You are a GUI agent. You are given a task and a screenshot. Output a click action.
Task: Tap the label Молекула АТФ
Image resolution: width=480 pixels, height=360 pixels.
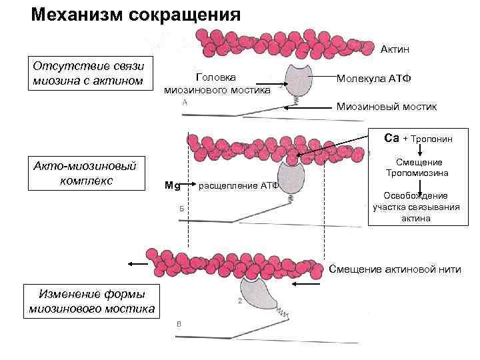point(374,78)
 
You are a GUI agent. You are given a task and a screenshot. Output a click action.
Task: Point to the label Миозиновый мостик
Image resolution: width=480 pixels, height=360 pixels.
point(387,107)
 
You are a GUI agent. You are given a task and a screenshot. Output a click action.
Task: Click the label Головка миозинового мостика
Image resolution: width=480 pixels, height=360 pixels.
point(217,83)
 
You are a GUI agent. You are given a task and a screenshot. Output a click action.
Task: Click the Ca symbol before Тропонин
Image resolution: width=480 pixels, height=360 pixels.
point(391,138)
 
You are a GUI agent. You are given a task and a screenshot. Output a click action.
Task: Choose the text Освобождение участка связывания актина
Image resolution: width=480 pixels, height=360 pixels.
point(415,207)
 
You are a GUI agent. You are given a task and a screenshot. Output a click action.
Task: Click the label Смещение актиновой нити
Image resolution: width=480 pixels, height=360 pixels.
point(395,269)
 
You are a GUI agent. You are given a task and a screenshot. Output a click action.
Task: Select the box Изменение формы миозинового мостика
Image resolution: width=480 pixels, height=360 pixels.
point(92,301)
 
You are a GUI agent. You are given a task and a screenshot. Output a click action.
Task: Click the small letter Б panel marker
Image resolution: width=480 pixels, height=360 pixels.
point(181,209)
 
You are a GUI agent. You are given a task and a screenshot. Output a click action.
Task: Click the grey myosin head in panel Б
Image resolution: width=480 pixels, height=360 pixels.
point(293,177)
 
